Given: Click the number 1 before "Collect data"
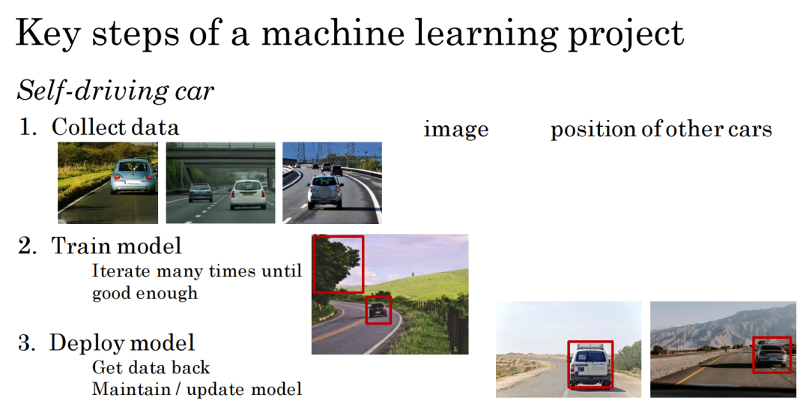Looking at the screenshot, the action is (25, 127).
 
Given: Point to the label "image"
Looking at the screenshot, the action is (455, 129).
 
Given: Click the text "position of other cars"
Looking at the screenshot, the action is (661, 129).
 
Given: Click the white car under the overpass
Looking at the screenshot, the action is (248, 195).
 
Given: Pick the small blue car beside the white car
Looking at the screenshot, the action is (200, 193).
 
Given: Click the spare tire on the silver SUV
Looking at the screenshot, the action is (325, 193).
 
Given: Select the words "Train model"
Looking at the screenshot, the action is (117, 246).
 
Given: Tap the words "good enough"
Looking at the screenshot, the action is (145, 293).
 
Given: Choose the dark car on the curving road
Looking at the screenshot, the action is (378, 310).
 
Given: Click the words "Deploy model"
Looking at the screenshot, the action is (122, 343).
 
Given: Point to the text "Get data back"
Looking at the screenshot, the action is (151, 367).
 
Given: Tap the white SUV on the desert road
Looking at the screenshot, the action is (591, 365).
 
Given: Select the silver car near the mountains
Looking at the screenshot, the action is (772, 355).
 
